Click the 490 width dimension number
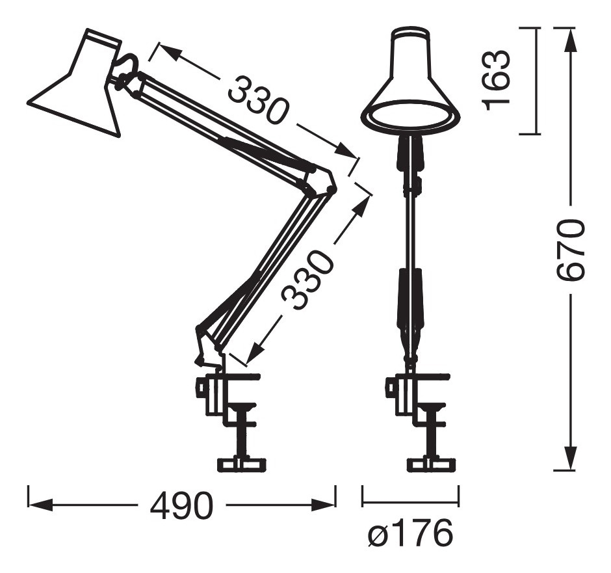pos(182,505)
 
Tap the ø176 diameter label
pos(410,533)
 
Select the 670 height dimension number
pos(570,250)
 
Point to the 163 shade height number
pos(496,80)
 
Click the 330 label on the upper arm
pos(258,100)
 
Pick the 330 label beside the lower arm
pos(307,280)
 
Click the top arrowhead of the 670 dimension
pos(571,40)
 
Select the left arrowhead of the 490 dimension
pos(42,505)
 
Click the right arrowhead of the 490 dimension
pos(322,505)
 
